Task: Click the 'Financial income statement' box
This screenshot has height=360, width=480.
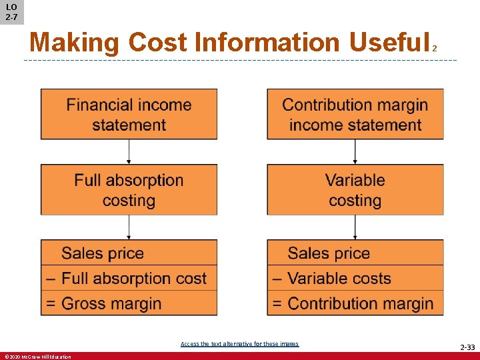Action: [x=129, y=114]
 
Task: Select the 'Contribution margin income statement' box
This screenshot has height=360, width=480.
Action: [x=355, y=114]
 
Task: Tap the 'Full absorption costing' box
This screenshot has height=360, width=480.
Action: [x=129, y=190]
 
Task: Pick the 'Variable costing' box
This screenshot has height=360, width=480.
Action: [x=355, y=190]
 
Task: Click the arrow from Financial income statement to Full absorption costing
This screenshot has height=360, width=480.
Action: [x=129, y=152]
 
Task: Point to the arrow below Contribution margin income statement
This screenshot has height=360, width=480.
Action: [x=355, y=152]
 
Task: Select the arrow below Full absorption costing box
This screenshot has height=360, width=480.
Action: [x=129, y=227]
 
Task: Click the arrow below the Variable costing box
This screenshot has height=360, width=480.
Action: [x=355, y=227]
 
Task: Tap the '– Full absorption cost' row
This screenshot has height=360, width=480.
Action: [x=129, y=278]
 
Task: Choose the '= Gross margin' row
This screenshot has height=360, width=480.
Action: [x=129, y=303]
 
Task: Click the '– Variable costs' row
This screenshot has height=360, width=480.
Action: [x=355, y=278]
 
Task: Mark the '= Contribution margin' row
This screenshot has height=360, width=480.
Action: [x=355, y=303]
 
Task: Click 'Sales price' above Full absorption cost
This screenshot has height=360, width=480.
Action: [x=103, y=253]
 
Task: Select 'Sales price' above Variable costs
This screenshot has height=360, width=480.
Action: [x=329, y=253]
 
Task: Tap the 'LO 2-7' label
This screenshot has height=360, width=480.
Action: [x=11, y=11]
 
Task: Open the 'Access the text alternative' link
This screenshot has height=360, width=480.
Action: [x=239, y=344]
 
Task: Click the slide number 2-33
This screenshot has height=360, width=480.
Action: [x=467, y=347]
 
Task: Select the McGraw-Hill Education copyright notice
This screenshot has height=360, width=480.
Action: [x=37, y=357]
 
